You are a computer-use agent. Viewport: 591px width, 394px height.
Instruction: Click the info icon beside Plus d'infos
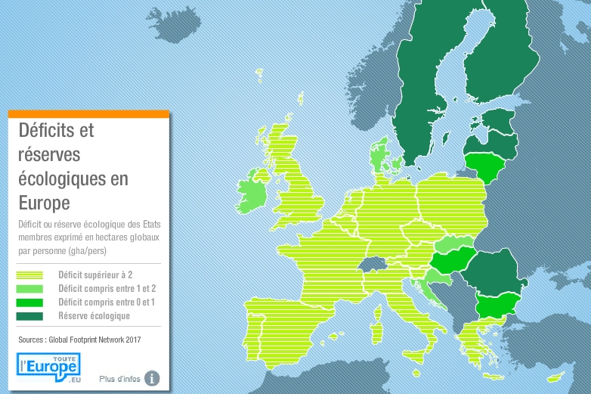click(152, 377)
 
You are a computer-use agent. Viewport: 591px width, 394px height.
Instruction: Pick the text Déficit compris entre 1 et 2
click(107, 289)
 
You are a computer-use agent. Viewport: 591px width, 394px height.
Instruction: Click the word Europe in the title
click(45, 203)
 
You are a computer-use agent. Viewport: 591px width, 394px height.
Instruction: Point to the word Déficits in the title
click(56, 130)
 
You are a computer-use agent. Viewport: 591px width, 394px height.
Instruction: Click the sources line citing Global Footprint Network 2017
click(79, 340)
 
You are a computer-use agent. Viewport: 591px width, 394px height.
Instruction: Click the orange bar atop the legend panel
click(88, 114)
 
